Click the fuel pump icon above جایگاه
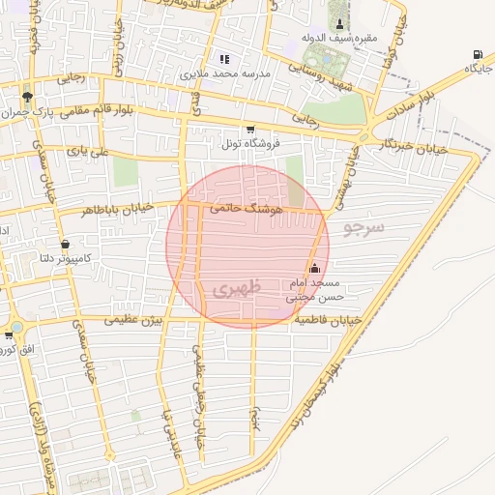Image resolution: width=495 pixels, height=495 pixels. [x=477, y=54]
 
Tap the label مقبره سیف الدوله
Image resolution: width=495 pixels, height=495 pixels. [x=339, y=38]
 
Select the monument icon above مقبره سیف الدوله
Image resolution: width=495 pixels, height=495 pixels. [x=339, y=23]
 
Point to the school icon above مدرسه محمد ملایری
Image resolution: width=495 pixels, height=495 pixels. [x=224, y=59]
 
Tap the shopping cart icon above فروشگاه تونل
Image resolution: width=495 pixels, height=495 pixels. [x=250, y=129]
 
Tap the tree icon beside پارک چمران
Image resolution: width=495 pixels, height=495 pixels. [x=27, y=97]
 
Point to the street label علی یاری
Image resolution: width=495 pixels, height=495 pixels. [x=96, y=153]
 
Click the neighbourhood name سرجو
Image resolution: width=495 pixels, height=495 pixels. [x=364, y=228]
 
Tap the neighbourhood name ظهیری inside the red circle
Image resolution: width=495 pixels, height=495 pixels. [x=229, y=289]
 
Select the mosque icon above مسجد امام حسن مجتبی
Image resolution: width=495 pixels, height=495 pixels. [x=315, y=269]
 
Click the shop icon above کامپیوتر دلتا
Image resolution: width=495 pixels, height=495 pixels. [x=65, y=244]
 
